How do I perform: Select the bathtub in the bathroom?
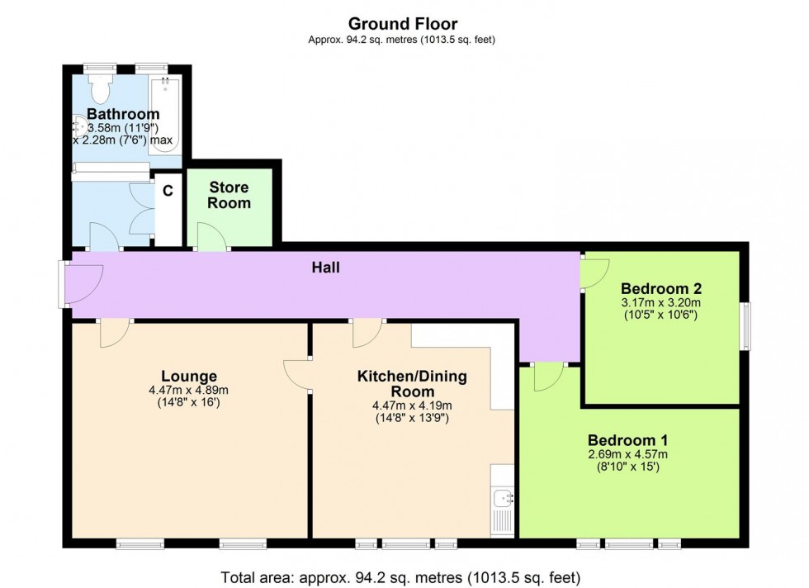click(164, 116)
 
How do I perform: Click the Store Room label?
click(229, 195)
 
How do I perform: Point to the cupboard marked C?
click(168, 192)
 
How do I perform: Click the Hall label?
click(325, 267)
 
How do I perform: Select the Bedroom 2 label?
click(661, 288)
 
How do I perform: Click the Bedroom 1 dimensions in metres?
click(628, 454)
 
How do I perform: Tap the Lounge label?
click(189, 376)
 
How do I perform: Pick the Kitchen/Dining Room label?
click(411, 383)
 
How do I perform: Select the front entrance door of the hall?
click(83, 282)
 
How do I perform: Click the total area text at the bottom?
click(400, 576)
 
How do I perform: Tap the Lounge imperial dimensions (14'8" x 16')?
click(189, 404)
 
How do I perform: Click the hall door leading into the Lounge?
click(114, 333)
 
